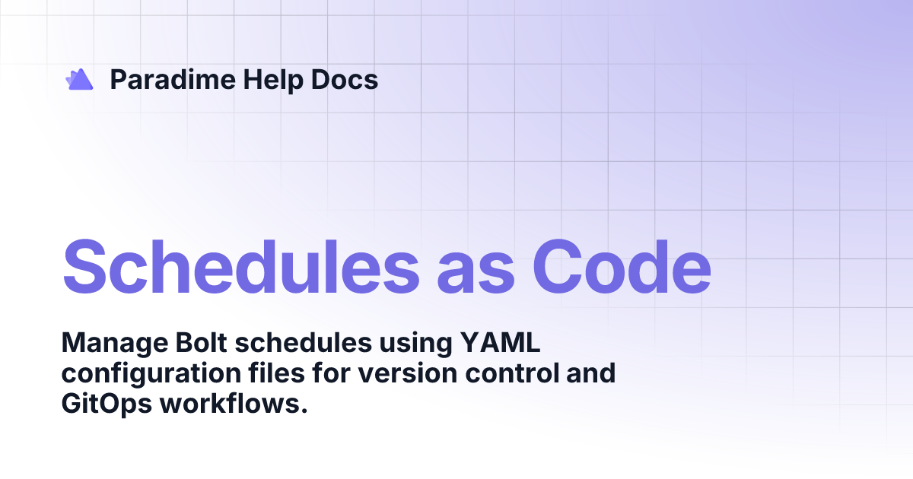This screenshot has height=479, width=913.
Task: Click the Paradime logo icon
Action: click(79, 79)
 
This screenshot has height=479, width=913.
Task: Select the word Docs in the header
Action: click(345, 80)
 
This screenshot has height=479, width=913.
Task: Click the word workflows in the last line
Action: click(233, 404)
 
